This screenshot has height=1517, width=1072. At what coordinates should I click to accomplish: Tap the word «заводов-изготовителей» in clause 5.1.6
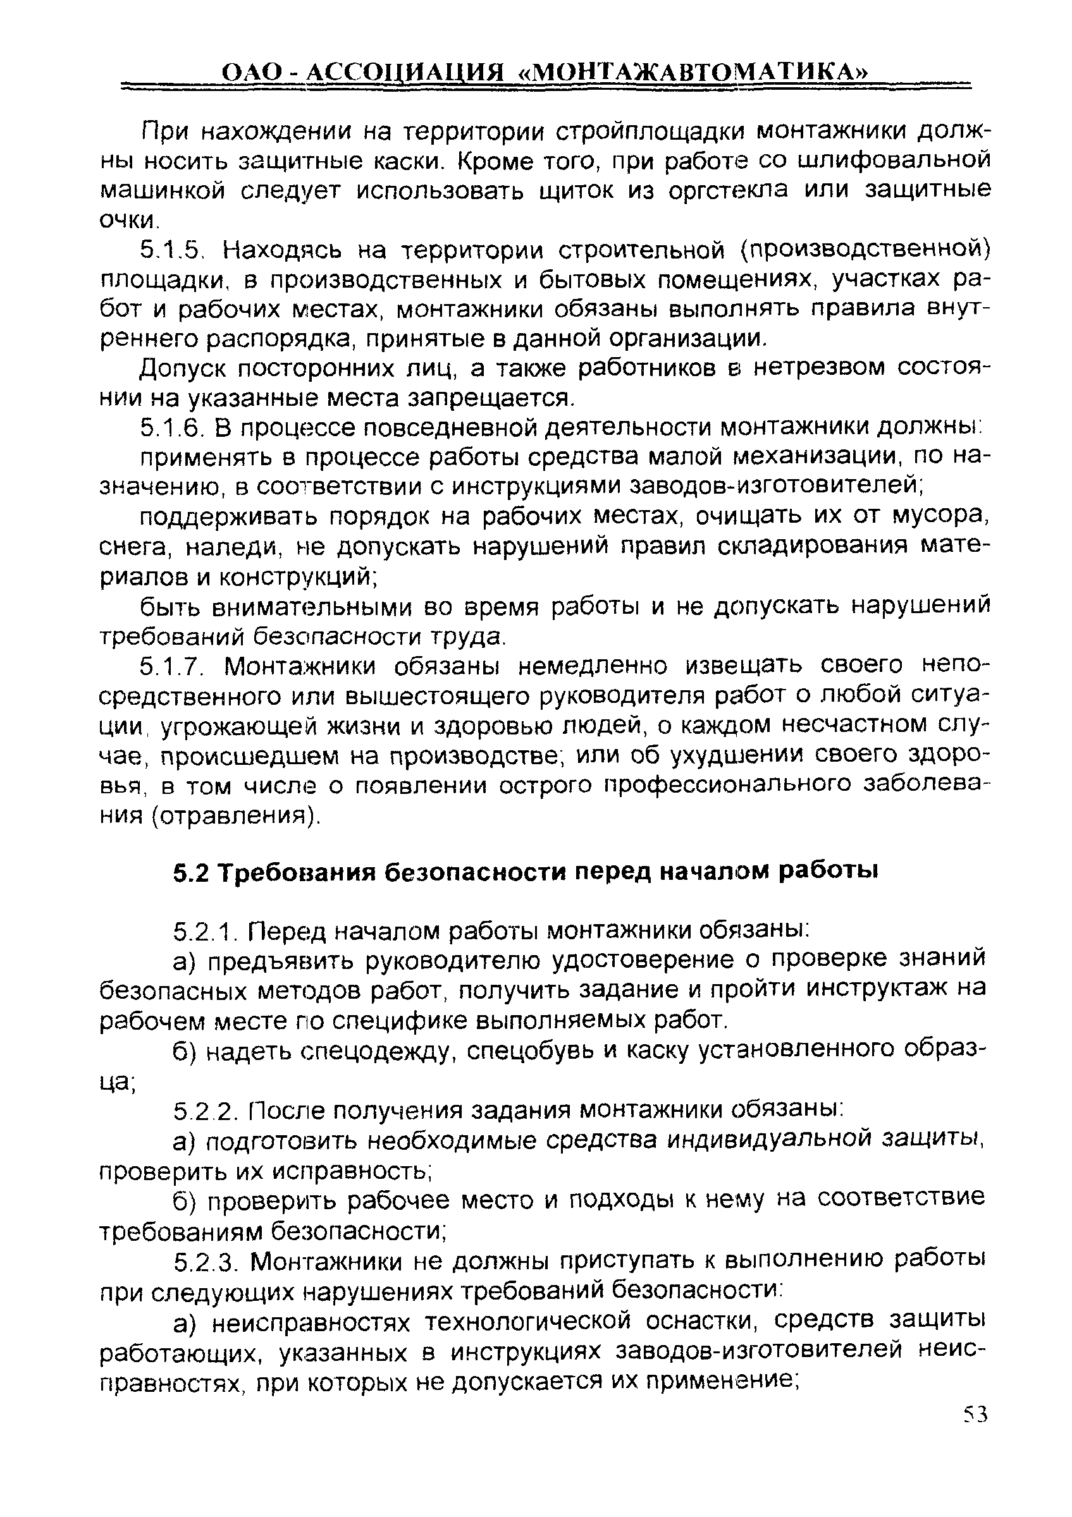772,486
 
